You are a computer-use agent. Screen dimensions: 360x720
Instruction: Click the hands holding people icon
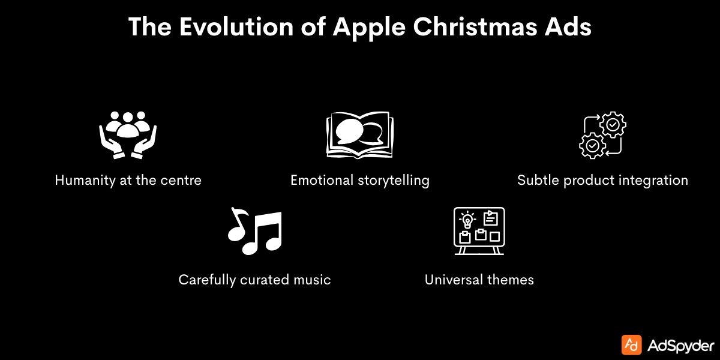click(127, 134)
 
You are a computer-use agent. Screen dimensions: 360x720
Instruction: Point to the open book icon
click(359, 135)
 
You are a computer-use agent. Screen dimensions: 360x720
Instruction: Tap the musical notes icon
click(254, 231)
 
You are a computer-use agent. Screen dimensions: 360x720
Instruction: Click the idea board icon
click(479, 230)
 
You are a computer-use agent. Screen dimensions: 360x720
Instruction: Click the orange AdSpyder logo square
click(631, 345)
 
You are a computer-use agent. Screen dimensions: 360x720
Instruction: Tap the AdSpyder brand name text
click(681, 346)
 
